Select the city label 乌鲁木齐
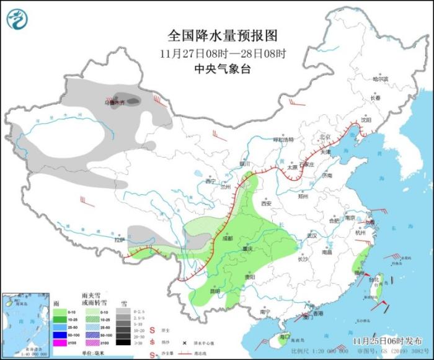[x=114, y=102]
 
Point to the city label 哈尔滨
[x=379, y=79]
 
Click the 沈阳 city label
[x=366, y=120]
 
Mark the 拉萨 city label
[x=120, y=240]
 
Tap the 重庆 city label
[x=248, y=250]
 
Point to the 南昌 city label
[x=327, y=253]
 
